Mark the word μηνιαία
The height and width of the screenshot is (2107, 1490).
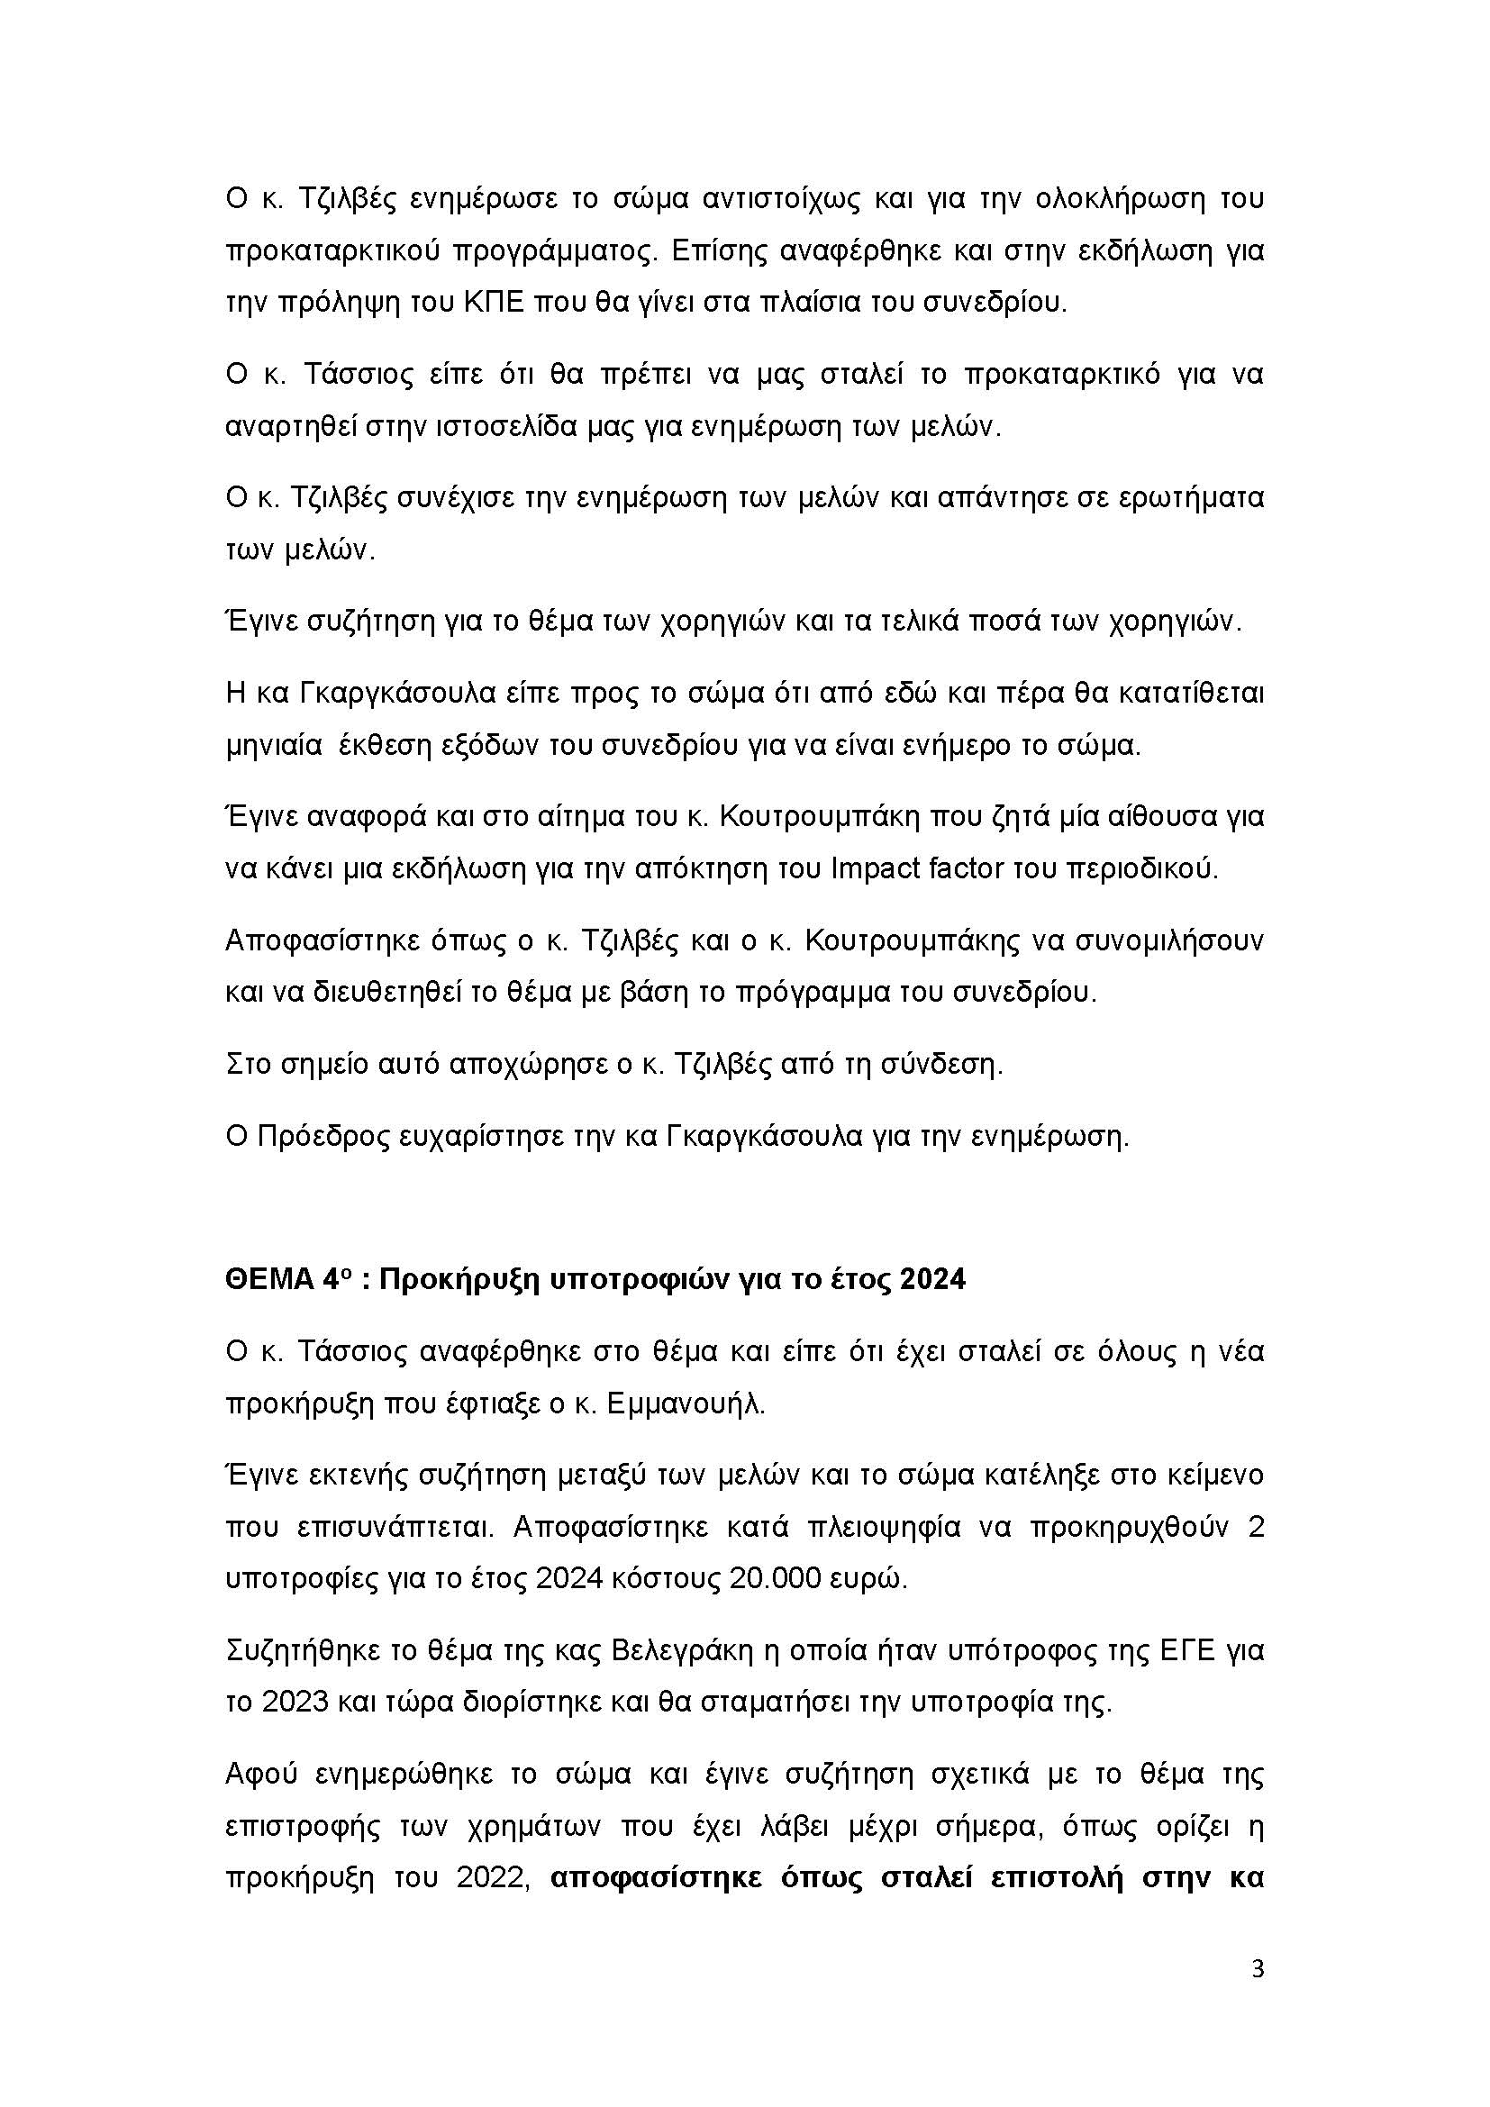pos(272,745)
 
